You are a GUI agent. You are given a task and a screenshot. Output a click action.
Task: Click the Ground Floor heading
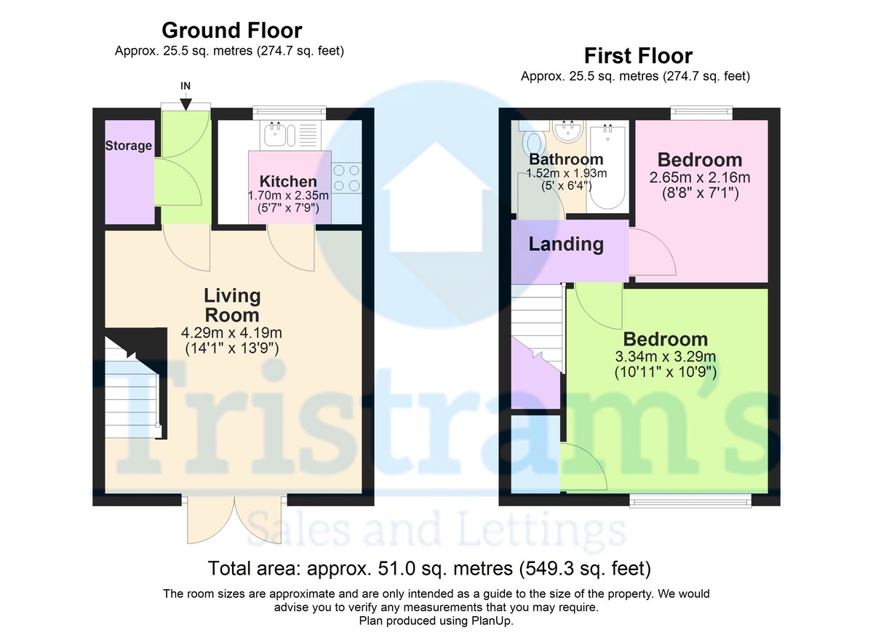(x=231, y=31)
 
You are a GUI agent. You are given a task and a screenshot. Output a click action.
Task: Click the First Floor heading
(x=638, y=55)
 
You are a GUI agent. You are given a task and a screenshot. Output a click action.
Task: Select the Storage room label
(x=129, y=145)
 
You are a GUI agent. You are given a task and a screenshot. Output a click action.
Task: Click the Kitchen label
(x=289, y=181)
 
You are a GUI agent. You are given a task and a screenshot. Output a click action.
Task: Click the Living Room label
(x=231, y=305)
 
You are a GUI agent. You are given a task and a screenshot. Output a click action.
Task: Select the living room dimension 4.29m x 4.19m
(x=231, y=333)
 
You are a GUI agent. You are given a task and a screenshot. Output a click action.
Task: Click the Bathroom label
(x=566, y=159)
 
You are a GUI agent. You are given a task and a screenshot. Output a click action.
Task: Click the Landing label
(x=566, y=244)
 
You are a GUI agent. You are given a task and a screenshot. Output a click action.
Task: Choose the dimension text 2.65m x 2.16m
(x=700, y=177)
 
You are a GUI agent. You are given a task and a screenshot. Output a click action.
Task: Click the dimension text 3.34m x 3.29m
(x=665, y=357)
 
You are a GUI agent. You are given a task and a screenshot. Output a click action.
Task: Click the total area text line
(x=429, y=567)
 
